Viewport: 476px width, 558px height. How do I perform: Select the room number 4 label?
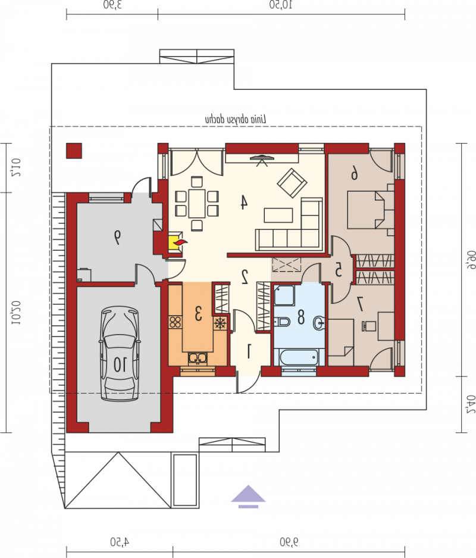(x=244, y=202)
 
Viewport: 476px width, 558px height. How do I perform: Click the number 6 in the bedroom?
(x=354, y=174)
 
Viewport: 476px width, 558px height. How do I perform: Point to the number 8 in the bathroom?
(x=300, y=317)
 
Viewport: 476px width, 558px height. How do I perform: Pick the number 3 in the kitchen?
(x=198, y=313)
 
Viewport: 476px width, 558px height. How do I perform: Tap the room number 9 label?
(x=117, y=237)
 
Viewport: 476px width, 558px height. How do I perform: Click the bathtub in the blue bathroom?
(x=299, y=357)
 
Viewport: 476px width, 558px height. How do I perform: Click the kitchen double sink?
(x=198, y=358)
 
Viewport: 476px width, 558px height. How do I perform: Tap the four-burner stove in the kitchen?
(x=175, y=322)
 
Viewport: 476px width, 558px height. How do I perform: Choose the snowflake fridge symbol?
(x=220, y=323)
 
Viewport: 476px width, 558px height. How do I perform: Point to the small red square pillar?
(x=74, y=151)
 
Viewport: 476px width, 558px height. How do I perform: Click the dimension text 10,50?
(x=281, y=5)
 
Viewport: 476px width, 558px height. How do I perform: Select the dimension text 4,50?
(x=120, y=542)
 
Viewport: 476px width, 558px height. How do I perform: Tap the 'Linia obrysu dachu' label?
(x=236, y=120)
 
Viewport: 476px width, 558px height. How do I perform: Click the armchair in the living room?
(x=292, y=183)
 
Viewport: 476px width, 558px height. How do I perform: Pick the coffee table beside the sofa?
(x=278, y=215)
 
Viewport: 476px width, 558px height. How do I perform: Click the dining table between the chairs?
(x=197, y=203)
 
